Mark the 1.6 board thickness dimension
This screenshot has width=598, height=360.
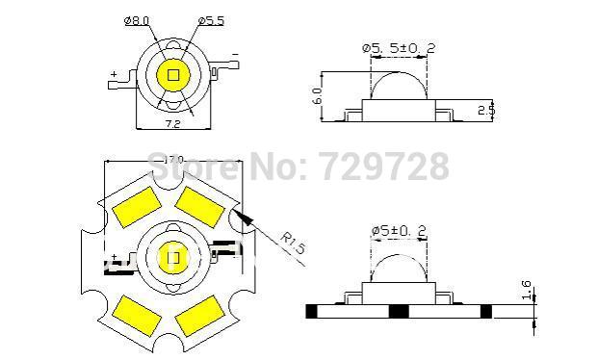pos(525,291)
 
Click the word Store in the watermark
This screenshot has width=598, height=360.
pos(198,167)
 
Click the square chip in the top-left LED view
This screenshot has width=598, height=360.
pos(173,74)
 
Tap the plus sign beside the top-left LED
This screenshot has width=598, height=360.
pos(114,74)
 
